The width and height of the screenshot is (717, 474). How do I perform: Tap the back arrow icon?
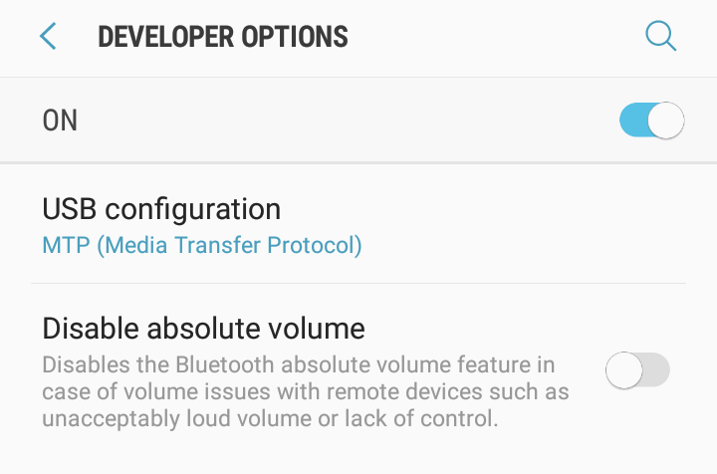tap(48, 36)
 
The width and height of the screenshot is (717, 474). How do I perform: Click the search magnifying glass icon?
tap(661, 36)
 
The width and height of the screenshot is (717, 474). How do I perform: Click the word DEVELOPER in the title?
tap(166, 37)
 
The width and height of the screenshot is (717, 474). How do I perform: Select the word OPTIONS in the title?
tap(295, 37)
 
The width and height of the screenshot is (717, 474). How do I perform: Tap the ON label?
tap(60, 120)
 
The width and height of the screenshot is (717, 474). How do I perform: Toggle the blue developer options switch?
tap(652, 120)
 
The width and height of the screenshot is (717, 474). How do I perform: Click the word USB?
tap(70, 209)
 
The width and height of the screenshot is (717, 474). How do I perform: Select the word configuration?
tap(193, 210)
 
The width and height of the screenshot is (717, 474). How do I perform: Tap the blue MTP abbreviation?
tap(67, 245)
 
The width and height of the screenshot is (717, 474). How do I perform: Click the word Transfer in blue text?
tap(217, 245)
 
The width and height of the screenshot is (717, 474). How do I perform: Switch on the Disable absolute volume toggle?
tap(638, 369)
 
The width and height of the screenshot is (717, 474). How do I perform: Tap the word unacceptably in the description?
tap(112, 419)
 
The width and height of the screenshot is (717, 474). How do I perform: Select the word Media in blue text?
tap(136, 245)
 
